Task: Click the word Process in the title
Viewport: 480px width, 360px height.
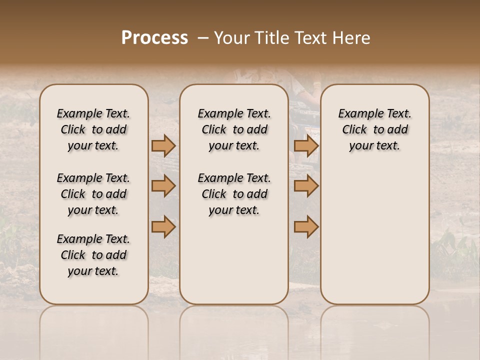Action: click(154, 38)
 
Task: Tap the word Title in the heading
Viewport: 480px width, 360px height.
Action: click(270, 38)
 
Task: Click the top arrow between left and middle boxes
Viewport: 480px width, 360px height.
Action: click(163, 145)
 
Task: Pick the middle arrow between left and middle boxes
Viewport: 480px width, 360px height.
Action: click(163, 186)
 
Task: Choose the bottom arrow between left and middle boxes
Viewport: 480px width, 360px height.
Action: click(163, 227)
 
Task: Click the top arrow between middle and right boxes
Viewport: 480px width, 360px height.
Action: click(306, 145)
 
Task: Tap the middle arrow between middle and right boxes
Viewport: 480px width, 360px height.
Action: click(306, 186)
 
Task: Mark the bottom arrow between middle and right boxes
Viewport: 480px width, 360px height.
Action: click(306, 227)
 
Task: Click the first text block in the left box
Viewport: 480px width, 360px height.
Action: click(93, 129)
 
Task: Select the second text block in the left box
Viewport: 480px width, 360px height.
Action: click(93, 194)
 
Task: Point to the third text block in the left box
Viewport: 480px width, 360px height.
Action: click(93, 255)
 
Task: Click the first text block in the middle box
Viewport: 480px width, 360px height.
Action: click(234, 129)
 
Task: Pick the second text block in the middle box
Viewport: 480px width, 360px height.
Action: click(234, 194)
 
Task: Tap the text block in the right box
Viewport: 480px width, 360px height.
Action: click(374, 129)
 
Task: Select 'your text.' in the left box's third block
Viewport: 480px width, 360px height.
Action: click(93, 271)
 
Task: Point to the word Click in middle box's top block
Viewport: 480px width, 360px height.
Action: click(214, 130)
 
